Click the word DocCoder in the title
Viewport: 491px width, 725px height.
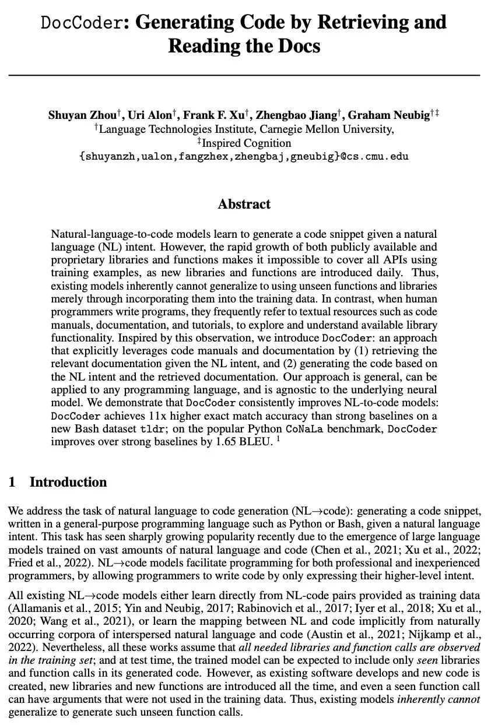[x=82, y=23]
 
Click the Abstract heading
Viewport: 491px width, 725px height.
[x=244, y=204]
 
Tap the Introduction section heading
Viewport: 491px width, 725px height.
[x=68, y=482]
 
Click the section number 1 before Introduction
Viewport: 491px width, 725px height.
[x=12, y=482]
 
